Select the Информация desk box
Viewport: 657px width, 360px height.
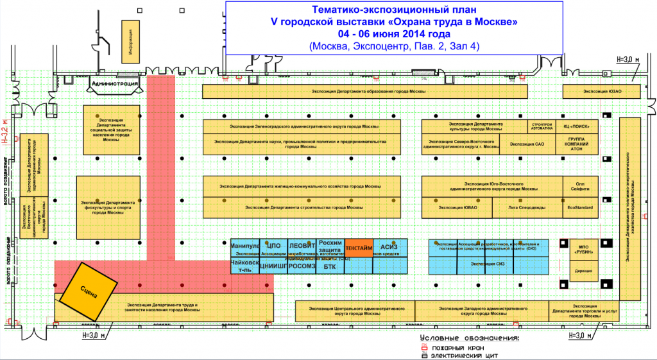point(130,41)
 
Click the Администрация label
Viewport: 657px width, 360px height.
point(112,84)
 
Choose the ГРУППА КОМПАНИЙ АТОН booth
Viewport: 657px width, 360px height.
point(581,144)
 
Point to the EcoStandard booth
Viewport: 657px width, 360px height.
point(581,207)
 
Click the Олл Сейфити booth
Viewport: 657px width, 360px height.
point(581,186)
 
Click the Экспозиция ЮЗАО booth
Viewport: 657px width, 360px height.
point(602,92)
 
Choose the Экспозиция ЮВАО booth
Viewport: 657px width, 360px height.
point(457,207)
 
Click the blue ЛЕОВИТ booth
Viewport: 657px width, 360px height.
point(301,246)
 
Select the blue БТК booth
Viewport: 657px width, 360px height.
point(330,266)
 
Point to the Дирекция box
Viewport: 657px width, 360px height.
point(583,271)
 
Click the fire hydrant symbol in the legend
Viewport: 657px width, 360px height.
point(423,347)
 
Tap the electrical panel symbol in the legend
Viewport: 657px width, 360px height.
point(423,355)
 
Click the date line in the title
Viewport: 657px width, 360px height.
point(394,34)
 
